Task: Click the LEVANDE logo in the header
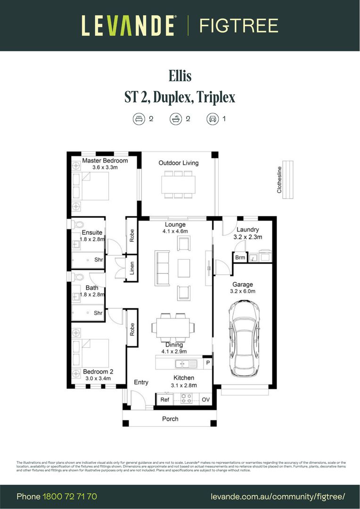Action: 129,25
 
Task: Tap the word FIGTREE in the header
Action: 238,25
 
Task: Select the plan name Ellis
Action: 180,76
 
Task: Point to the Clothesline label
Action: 279,180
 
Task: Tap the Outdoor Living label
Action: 178,163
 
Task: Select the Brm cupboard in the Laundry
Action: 240,258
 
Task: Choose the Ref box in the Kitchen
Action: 164,399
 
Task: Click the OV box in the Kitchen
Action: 205,399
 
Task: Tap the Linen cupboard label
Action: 132,268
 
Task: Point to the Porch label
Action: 170,419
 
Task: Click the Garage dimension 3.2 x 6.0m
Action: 242,291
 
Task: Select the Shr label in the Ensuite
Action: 98,259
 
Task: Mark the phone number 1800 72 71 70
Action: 70,496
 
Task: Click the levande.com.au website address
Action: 278,496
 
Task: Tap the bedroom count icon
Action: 138,119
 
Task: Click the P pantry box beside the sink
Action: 207,363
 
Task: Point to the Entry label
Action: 141,382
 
